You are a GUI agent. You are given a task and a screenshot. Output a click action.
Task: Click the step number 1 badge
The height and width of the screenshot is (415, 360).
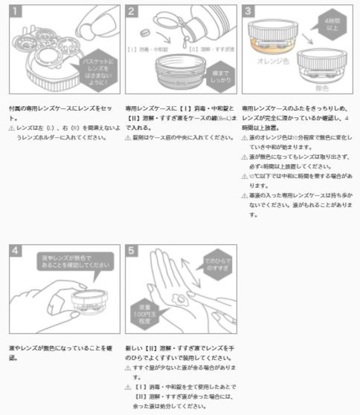tap(16, 11)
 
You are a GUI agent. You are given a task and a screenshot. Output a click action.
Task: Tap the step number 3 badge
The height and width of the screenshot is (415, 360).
tap(248, 11)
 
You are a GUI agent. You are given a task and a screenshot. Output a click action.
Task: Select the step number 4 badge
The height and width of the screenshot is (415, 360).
tap(16, 251)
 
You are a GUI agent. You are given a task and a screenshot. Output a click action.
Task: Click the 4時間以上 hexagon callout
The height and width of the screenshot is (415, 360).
tap(333, 24)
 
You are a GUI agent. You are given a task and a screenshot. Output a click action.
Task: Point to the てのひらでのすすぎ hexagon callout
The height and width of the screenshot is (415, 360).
tap(217, 264)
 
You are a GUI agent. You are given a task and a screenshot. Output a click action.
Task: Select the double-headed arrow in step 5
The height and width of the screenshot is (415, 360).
tap(191, 272)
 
